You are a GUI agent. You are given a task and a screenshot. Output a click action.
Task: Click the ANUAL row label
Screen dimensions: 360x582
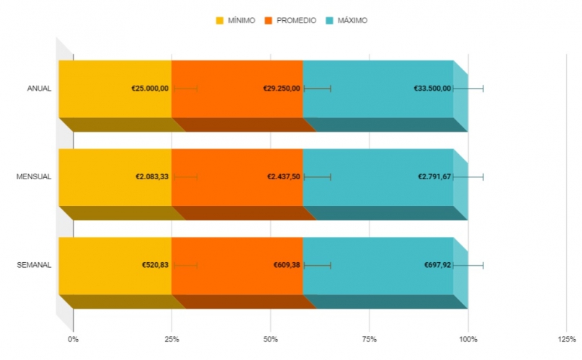point(39,89)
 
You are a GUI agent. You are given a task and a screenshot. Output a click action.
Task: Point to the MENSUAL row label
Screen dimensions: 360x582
point(34,177)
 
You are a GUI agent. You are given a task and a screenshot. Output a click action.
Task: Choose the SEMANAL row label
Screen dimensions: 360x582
point(34,266)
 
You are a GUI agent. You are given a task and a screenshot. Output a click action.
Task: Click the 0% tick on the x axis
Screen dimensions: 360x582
point(73,338)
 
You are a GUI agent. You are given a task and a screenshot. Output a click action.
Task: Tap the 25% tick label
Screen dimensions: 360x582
point(171,338)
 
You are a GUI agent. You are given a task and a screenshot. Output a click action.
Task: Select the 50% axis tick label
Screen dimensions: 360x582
point(270,338)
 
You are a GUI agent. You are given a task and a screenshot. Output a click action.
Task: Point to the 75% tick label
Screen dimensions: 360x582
point(369,338)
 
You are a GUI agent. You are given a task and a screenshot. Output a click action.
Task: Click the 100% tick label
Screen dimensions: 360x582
point(467,338)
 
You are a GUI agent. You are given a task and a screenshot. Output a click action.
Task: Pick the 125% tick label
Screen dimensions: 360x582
point(566,338)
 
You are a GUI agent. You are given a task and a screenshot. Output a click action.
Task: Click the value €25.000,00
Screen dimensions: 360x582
point(150,89)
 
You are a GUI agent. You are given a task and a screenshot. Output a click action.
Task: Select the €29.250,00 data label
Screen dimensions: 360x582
point(282,89)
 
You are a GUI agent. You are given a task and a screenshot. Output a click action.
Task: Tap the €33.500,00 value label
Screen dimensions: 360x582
point(432,89)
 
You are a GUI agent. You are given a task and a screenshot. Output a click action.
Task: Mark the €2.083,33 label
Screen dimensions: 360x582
point(152,177)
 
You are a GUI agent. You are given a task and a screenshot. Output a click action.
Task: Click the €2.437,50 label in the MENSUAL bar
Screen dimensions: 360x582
point(284,177)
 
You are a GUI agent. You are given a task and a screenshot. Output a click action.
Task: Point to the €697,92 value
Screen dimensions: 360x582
point(438,266)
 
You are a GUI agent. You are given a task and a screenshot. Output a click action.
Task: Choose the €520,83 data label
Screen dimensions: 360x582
point(156,266)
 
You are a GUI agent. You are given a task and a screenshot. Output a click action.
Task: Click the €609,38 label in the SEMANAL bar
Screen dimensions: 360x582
point(287,266)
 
